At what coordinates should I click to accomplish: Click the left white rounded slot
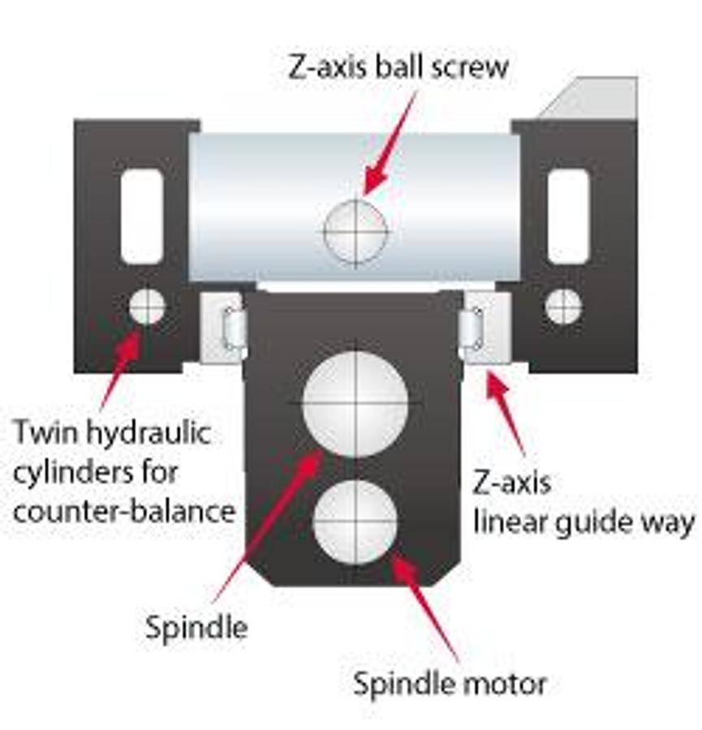click(x=142, y=217)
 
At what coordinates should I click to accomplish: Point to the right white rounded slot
click(x=568, y=217)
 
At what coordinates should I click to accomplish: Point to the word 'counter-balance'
click(x=124, y=511)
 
